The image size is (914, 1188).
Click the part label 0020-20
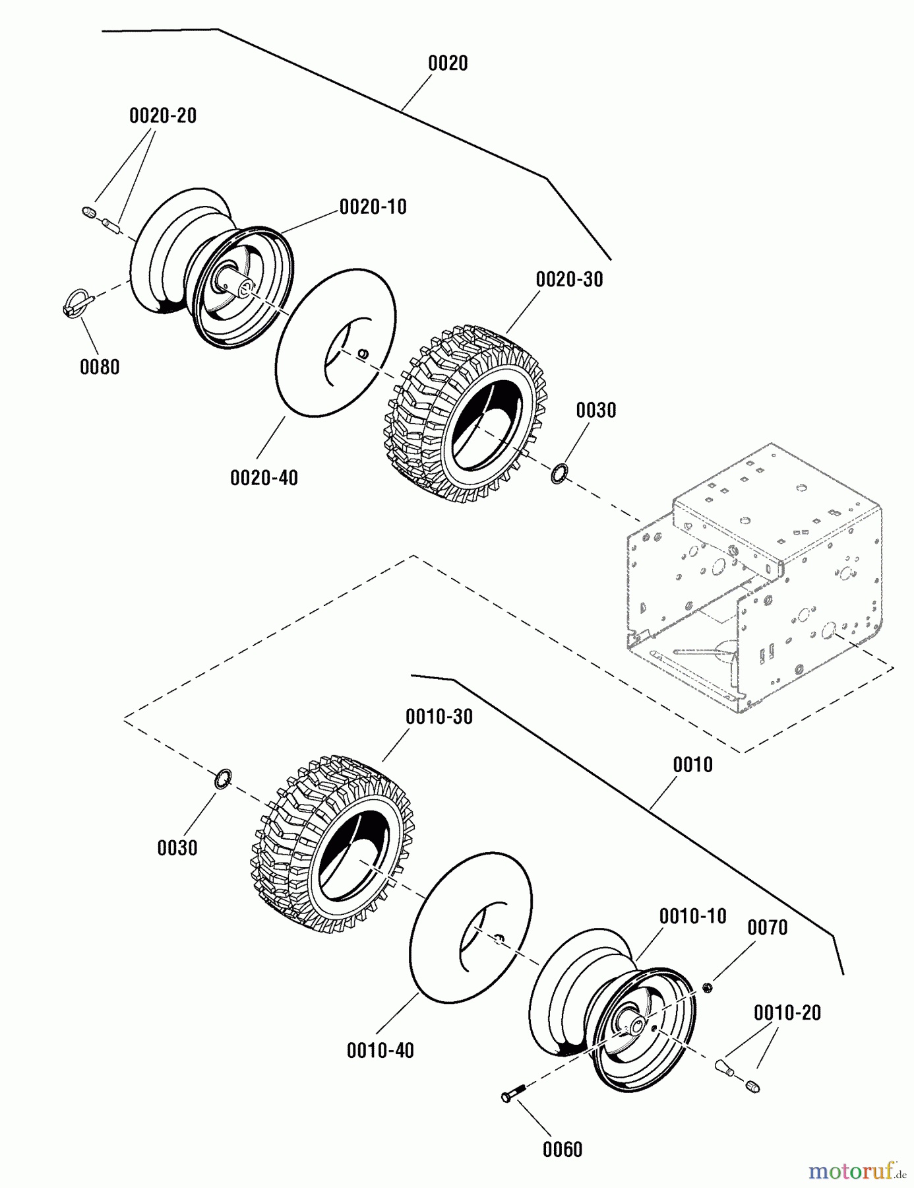[162, 115]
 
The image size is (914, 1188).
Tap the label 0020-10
[373, 207]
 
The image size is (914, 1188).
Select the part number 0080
[100, 367]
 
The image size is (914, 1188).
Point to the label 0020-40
[264, 477]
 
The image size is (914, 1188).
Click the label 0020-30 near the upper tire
[569, 279]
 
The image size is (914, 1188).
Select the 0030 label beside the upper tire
[595, 410]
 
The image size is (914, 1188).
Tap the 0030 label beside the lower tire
[177, 847]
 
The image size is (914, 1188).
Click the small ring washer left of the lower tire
[223, 779]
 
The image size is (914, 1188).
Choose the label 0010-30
[439, 717]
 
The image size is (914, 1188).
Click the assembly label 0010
[692, 765]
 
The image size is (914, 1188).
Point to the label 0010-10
[692, 916]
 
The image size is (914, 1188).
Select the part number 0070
[767, 927]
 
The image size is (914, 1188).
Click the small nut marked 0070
[706, 987]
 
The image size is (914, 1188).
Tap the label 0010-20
[787, 1012]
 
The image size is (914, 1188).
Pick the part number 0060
[562, 1150]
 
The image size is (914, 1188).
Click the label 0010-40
[380, 1050]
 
